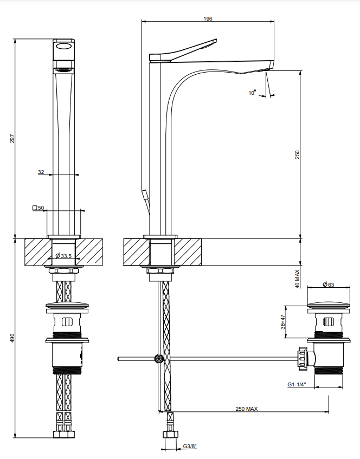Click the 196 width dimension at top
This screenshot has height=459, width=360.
point(208,19)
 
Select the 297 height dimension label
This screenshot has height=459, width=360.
point(12,139)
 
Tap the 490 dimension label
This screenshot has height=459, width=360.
point(12,338)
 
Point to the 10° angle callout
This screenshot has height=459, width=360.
point(252,93)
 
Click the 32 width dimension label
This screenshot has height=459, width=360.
point(41,172)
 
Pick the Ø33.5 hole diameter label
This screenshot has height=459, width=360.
point(63,256)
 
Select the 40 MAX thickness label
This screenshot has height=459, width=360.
point(298,279)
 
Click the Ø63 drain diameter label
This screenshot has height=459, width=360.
point(329,285)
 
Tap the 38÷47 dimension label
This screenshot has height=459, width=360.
point(283,322)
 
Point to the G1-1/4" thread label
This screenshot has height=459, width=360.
point(297,384)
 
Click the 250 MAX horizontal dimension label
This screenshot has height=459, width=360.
point(247,409)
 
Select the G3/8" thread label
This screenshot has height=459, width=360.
point(190,446)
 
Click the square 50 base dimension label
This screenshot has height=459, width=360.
point(38,208)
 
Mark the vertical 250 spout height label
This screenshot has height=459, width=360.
point(298,154)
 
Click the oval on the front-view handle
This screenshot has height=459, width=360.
point(64,46)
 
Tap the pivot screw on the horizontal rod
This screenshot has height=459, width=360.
point(159,358)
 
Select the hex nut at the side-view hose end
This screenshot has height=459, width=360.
point(170,434)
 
